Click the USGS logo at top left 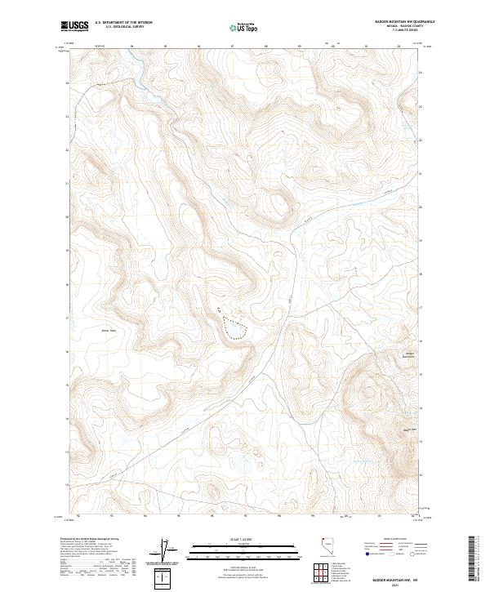click(73, 26)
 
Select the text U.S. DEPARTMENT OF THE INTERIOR click(124, 23)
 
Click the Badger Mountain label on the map click(410, 354)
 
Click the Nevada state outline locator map click(324, 550)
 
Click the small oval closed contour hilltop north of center click(278, 205)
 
